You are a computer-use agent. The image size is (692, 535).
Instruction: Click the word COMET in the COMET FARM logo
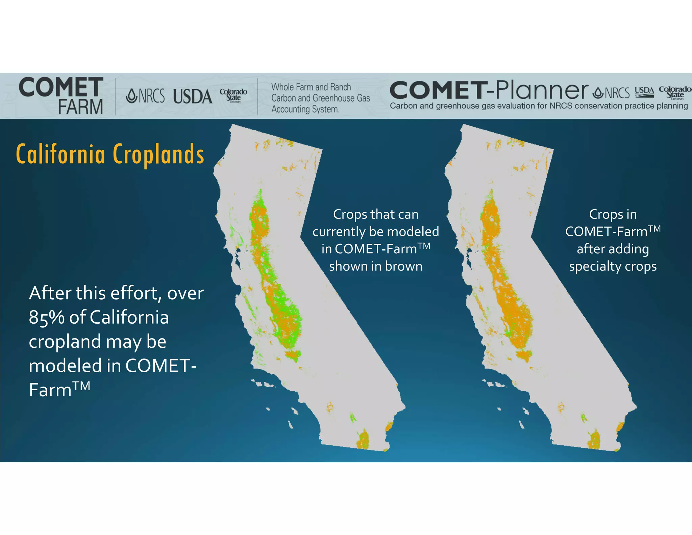click(x=61, y=87)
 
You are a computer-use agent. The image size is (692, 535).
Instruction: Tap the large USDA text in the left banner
click(x=193, y=97)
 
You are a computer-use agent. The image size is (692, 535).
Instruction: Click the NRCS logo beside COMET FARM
click(x=145, y=96)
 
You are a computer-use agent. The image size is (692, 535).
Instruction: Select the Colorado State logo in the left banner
click(x=233, y=95)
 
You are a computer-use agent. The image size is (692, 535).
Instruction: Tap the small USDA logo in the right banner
click(x=644, y=92)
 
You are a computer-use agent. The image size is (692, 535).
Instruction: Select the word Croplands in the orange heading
click(x=158, y=154)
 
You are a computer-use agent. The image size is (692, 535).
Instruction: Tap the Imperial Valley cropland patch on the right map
click(x=594, y=440)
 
